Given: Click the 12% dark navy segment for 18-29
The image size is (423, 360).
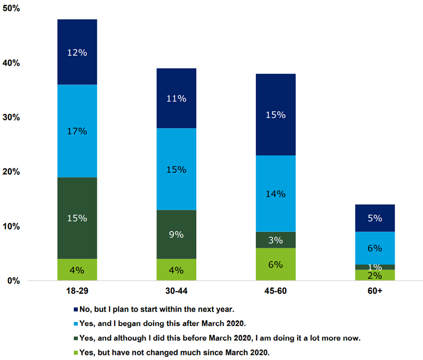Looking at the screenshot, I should click(x=77, y=52).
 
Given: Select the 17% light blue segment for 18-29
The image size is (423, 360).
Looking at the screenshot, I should click(x=77, y=131).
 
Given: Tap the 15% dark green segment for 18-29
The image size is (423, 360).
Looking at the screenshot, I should click(x=77, y=218).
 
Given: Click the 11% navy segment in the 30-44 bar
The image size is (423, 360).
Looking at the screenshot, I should click(x=176, y=98).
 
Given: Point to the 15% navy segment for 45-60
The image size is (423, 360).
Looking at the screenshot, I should click(x=275, y=114).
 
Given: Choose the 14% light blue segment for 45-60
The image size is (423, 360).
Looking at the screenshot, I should click(x=275, y=193).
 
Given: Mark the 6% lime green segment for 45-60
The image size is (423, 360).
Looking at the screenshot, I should click(x=275, y=264).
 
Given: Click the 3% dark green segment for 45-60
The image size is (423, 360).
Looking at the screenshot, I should click(x=275, y=240).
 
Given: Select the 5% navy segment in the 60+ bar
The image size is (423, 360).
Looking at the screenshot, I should click(x=375, y=218).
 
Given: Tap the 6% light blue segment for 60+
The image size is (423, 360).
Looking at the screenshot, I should click(x=375, y=248).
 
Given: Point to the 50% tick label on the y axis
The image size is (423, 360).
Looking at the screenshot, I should click(x=10, y=8).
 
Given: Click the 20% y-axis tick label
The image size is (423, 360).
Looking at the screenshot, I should click(x=10, y=172).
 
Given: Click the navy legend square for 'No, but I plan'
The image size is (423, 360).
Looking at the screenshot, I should click(x=77, y=310).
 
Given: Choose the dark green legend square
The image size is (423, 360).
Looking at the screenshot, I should click(x=77, y=338).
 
